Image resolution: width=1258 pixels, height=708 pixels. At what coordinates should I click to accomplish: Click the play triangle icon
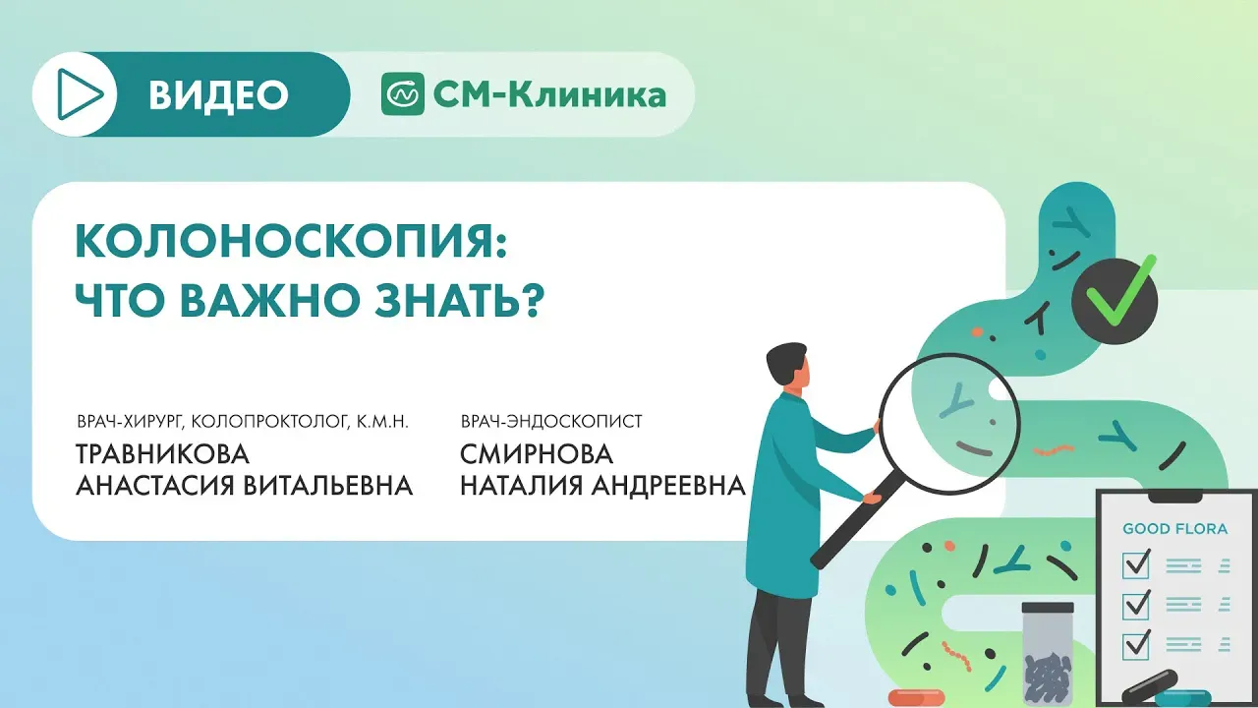(x=78, y=94)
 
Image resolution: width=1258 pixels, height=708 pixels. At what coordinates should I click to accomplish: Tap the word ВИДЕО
(x=218, y=95)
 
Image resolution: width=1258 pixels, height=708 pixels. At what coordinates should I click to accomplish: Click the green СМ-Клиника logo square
(x=403, y=93)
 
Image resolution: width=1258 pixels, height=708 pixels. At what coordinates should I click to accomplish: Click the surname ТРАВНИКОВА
(x=162, y=454)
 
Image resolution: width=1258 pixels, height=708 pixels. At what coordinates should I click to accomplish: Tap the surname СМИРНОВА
(x=537, y=454)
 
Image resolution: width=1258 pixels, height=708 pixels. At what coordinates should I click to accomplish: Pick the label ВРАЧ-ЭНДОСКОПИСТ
(x=551, y=421)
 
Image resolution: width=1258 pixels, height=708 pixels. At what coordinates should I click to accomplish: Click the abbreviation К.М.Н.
(x=382, y=422)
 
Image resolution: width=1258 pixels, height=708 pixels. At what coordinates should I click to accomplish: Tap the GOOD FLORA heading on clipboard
(x=1174, y=528)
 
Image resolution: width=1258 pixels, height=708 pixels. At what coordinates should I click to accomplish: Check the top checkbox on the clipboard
(x=1136, y=564)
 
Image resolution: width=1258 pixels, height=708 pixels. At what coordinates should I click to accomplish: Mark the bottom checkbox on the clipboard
(x=1136, y=645)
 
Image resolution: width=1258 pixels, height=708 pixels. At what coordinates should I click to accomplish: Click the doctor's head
(x=788, y=367)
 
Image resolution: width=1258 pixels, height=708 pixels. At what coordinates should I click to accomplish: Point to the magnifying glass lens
(x=949, y=424)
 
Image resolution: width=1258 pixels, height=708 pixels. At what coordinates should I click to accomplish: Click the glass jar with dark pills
(x=1048, y=654)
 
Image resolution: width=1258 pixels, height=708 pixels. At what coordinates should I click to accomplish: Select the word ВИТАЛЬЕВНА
(x=329, y=486)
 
